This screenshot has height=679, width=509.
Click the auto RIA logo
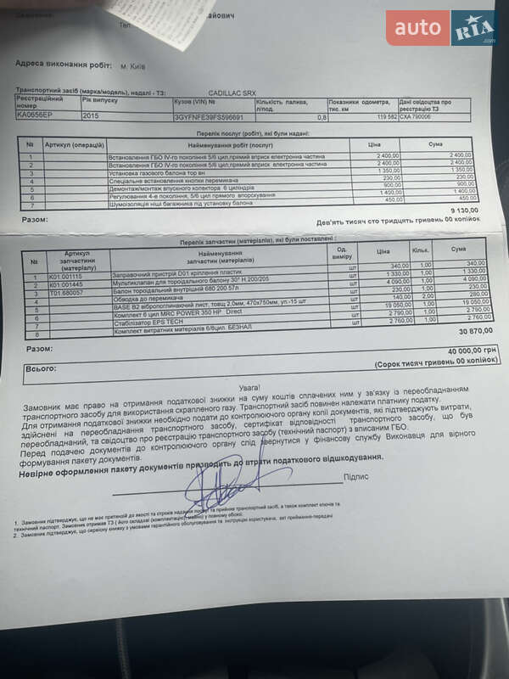(x=442, y=28)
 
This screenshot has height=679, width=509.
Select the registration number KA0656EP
(x=35, y=114)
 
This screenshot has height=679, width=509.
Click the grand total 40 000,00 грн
(x=463, y=351)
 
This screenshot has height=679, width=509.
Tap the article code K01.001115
(x=66, y=276)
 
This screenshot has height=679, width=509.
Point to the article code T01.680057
(x=66, y=291)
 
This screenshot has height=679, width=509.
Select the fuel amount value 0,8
(x=322, y=117)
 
